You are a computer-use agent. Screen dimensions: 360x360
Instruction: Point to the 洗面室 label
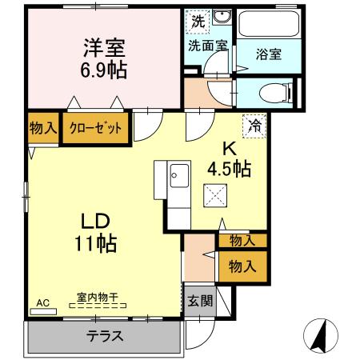(x=208, y=46)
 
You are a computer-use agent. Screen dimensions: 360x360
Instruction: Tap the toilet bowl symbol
(x=274, y=93)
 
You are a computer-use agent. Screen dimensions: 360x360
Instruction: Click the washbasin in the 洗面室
(x=223, y=21)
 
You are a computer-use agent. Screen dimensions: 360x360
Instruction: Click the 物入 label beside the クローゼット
(x=43, y=128)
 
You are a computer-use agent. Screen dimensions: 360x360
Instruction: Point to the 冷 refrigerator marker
(x=255, y=125)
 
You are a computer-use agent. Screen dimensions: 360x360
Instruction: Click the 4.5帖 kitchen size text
(x=230, y=170)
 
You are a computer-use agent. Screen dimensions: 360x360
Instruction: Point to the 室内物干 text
(x=97, y=297)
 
